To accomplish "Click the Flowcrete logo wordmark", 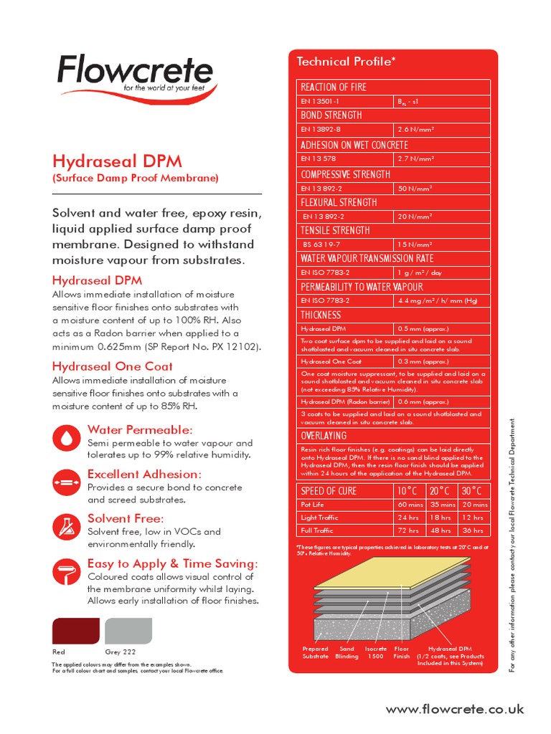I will pos(134,72).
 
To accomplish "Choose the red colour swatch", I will pos(75,631).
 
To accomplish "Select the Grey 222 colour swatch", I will pos(128,631).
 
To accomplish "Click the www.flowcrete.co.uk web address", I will pos(455,709).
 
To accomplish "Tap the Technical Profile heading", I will pos(346,62).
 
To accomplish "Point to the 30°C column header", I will pos(473,491).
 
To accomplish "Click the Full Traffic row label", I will pos(317,530).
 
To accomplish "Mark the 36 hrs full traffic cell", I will pos(473,530).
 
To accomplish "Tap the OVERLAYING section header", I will pos(324,436).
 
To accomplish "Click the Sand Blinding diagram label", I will pos(347,652).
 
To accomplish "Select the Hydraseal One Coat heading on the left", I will pos(113,366).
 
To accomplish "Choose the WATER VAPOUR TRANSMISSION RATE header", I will pos(367,259).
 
